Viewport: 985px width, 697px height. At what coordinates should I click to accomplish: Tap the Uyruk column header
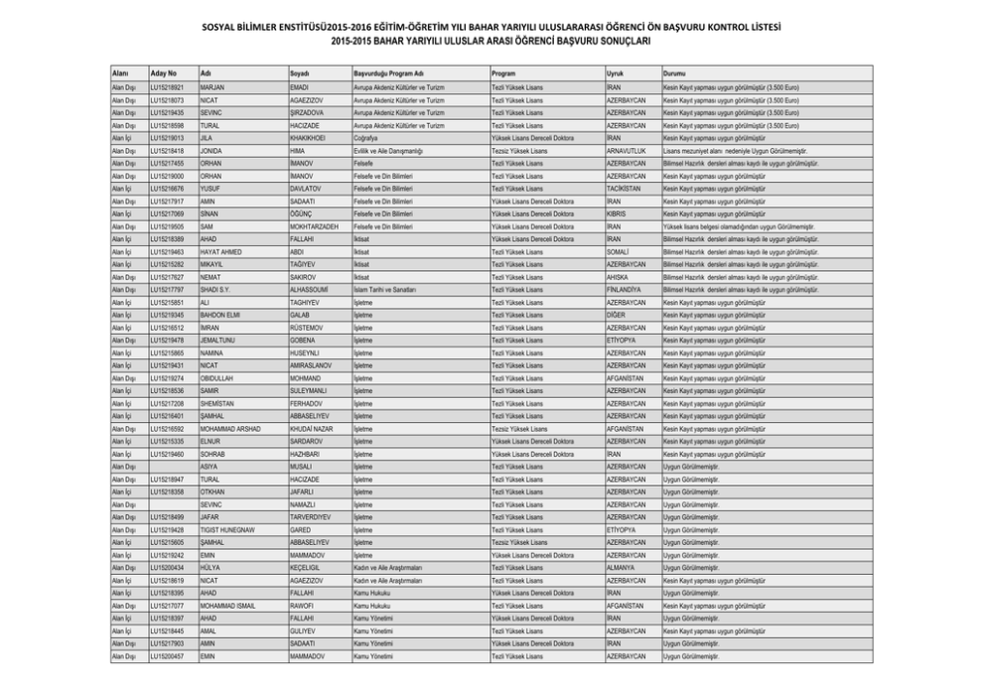615,73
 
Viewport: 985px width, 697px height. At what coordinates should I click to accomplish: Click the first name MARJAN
212,88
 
